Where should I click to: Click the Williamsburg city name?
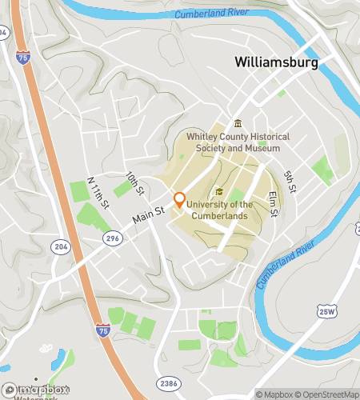point(276,62)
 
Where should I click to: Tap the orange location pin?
point(179,200)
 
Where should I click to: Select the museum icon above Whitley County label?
point(237,123)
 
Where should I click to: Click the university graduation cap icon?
point(219,192)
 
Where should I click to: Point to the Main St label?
point(148,214)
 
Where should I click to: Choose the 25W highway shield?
point(325,310)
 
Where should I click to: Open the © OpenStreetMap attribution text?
point(326,394)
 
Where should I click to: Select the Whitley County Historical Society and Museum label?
point(234,142)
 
